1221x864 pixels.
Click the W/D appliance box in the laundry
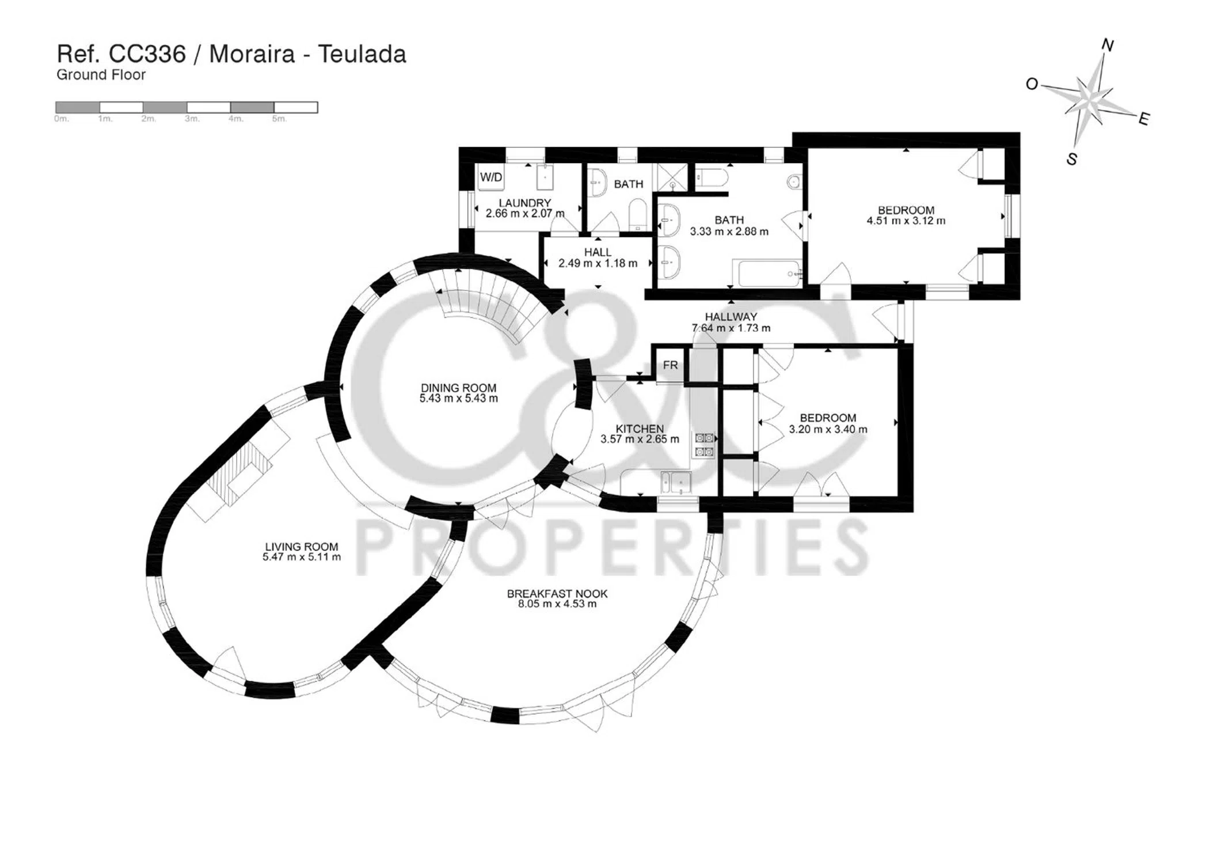pyautogui.click(x=491, y=177)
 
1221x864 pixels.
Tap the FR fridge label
pyautogui.click(x=670, y=365)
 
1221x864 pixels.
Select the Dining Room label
pyautogui.click(x=458, y=388)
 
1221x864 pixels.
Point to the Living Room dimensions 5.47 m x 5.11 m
pyautogui.click(x=302, y=557)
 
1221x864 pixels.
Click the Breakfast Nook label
pyautogui.click(x=557, y=594)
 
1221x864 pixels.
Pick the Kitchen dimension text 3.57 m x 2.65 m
pyautogui.click(x=640, y=439)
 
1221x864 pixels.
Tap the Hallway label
pyautogui.click(x=731, y=317)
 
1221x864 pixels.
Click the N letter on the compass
pyautogui.click(x=1108, y=45)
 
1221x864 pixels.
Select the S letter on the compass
pyautogui.click(x=1072, y=159)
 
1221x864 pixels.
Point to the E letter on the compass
pyautogui.click(x=1144, y=119)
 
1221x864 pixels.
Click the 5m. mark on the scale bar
pyautogui.click(x=279, y=119)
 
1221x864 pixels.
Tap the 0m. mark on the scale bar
pyautogui.click(x=62, y=119)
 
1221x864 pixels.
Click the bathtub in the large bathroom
pyautogui.click(x=766, y=273)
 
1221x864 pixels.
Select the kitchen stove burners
pyautogui.click(x=705, y=445)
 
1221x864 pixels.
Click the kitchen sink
pyautogui.click(x=676, y=483)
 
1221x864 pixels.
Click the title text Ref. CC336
pyautogui.click(x=121, y=55)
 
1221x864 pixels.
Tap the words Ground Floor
pyautogui.click(x=101, y=75)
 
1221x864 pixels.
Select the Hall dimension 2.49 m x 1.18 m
pyautogui.click(x=598, y=264)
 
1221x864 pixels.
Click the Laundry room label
pyautogui.click(x=524, y=203)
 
